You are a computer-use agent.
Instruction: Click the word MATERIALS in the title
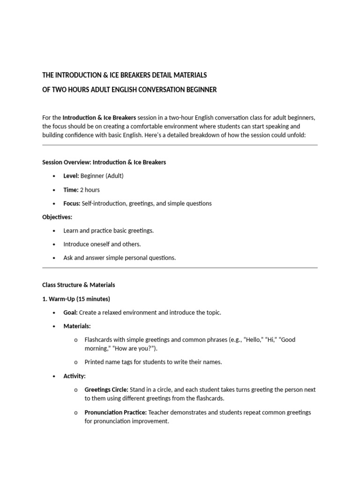(x=188, y=75)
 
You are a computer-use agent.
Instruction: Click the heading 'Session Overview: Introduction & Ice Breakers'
(x=104, y=162)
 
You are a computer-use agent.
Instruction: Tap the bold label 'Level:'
(x=71, y=176)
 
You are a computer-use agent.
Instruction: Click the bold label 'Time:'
(x=71, y=190)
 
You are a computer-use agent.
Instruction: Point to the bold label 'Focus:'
(x=72, y=203)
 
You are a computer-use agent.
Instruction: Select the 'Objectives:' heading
(x=57, y=217)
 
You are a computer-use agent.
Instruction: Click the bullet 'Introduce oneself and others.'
(x=102, y=244)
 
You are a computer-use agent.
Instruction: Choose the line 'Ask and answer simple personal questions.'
(x=120, y=258)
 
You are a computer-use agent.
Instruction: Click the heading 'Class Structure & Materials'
(x=78, y=285)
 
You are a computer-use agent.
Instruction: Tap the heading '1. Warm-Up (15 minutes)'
(x=76, y=299)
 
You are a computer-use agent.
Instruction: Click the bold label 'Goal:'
(x=71, y=312)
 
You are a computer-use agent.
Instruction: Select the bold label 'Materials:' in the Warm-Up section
(x=77, y=326)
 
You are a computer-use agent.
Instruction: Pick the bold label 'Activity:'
(x=75, y=376)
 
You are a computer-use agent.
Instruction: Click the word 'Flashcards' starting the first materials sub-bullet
(x=99, y=339)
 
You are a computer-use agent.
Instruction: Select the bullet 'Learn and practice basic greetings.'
(x=109, y=231)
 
